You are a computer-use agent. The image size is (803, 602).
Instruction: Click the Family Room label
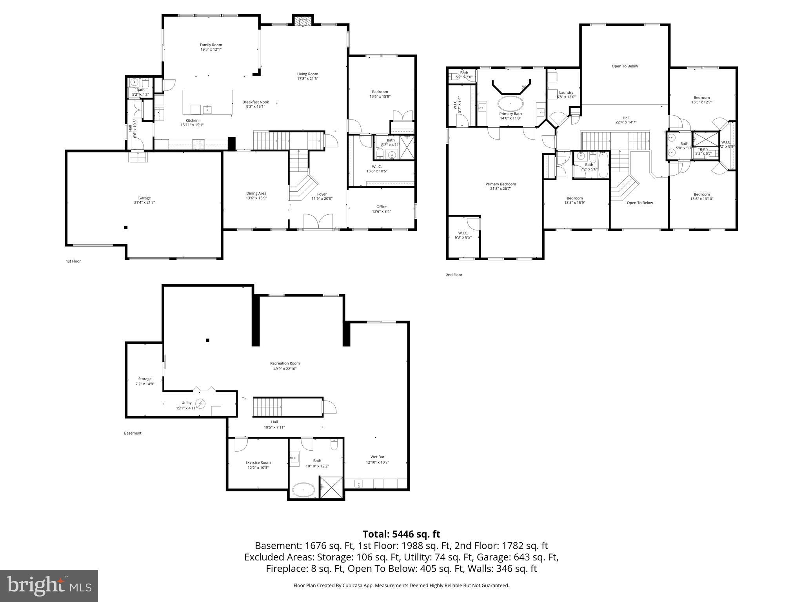click(211, 45)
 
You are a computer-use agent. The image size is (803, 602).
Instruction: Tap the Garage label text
click(144, 198)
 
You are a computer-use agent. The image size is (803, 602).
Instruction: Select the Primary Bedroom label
click(500, 184)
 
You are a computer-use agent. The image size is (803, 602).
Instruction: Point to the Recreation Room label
click(285, 363)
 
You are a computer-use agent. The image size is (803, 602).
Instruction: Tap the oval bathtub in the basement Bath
click(303, 490)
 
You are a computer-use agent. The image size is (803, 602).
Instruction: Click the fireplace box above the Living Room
click(303, 20)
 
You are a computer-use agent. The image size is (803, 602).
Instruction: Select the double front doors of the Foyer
click(318, 221)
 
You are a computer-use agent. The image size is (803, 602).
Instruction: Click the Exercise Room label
click(258, 462)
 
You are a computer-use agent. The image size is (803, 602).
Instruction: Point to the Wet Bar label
click(377, 457)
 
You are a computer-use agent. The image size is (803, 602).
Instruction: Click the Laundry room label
click(566, 92)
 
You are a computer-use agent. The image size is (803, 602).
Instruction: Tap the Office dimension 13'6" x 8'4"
click(381, 212)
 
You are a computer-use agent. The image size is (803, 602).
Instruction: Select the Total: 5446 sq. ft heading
click(401, 534)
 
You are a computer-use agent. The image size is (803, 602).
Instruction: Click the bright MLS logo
click(49, 586)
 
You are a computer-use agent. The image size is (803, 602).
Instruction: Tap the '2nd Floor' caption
click(454, 275)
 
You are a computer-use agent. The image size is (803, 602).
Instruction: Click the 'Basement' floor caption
click(133, 433)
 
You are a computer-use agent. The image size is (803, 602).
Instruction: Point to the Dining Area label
click(256, 193)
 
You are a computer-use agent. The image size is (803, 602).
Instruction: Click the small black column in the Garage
click(126, 227)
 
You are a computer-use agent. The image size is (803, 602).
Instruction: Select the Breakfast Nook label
click(255, 102)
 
